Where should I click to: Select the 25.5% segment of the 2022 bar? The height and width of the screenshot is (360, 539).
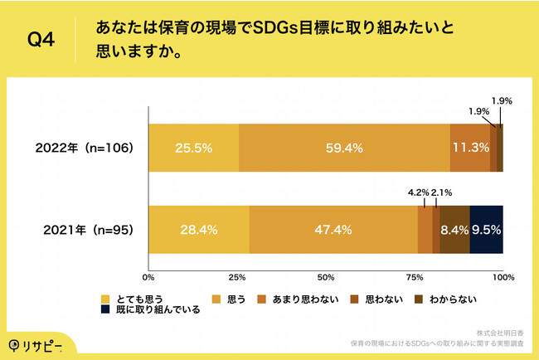pos(193,148)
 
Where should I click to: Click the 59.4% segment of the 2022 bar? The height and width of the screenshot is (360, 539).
pos(344,148)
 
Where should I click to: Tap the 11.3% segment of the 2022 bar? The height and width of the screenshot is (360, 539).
pos(470,148)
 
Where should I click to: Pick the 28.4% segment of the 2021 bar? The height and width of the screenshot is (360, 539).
pos(198,229)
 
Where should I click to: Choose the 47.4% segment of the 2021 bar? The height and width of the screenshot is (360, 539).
pos(333,229)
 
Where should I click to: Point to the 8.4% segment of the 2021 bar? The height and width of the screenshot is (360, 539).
pos(454,229)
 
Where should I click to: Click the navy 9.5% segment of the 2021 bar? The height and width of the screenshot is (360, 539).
pos(487,229)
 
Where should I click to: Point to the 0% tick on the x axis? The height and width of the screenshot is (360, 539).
pos(148,276)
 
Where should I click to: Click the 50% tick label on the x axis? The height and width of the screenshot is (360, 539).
pos(326,276)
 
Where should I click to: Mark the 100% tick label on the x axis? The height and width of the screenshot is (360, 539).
pos(503,276)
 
